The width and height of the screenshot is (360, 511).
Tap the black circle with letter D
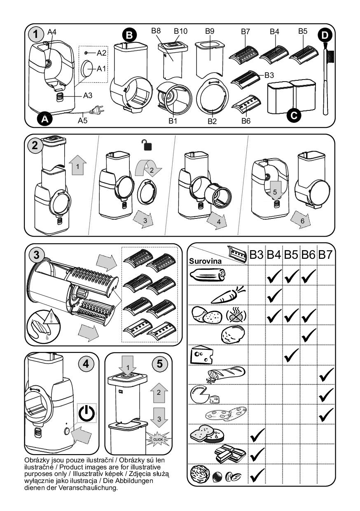pyautogui.click(x=325, y=35)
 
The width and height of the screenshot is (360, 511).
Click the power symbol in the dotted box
pyautogui.click(x=86, y=413)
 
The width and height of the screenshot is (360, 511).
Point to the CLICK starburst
pyautogui.click(x=158, y=439)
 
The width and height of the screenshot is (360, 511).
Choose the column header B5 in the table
pyautogui.click(x=291, y=255)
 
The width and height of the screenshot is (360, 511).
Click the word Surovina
pyautogui.click(x=205, y=261)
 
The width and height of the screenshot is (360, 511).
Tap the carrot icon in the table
pyautogui.click(x=229, y=295)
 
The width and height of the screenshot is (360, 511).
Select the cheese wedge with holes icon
pyautogui.click(x=201, y=355)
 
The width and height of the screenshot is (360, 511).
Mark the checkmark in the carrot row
pyautogui.click(x=274, y=295)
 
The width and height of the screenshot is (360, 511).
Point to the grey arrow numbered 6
pyautogui.click(x=301, y=220)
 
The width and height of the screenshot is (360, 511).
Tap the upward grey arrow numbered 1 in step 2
pyautogui.click(x=77, y=165)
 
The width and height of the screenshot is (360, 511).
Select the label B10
pyautogui.click(x=180, y=31)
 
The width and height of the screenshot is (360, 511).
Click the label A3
pyautogui.click(x=88, y=95)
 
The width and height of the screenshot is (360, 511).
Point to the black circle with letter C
pyautogui.click(x=294, y=115)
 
